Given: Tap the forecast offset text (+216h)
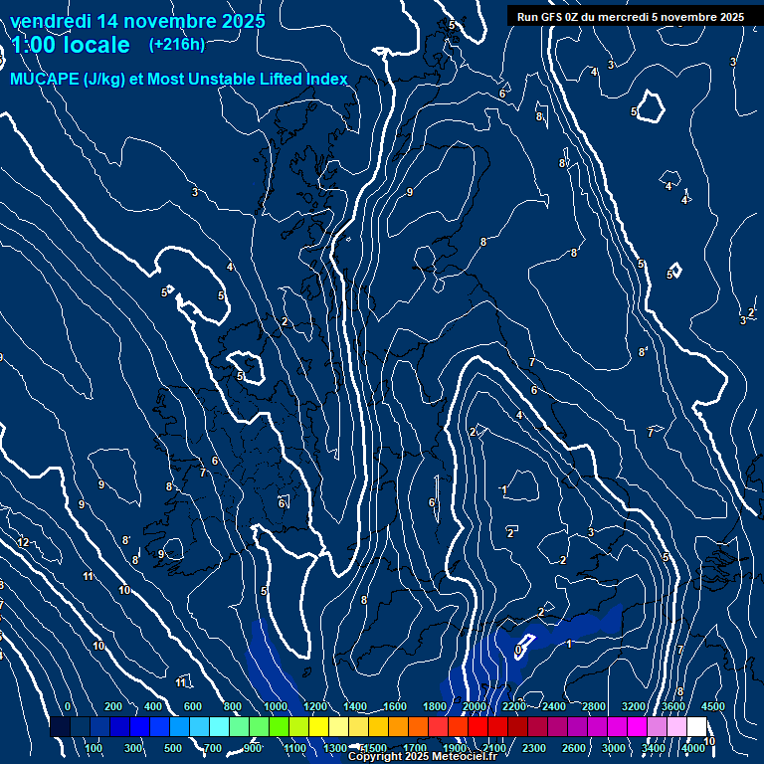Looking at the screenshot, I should point(176,45).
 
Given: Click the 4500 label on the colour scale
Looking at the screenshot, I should point(712,706).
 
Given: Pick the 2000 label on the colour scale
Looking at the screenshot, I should point(474,706).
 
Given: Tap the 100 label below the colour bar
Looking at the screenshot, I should point(94,748).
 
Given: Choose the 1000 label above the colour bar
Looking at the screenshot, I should point(276,706).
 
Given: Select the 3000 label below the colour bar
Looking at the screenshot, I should point(613,748).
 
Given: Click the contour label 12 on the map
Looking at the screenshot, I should point(24,542).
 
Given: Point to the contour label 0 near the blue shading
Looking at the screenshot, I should point(518,650).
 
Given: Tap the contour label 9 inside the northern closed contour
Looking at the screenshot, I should point(409,192).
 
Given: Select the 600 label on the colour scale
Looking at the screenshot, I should point(193,706).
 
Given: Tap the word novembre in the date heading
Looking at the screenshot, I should point(161,21).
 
